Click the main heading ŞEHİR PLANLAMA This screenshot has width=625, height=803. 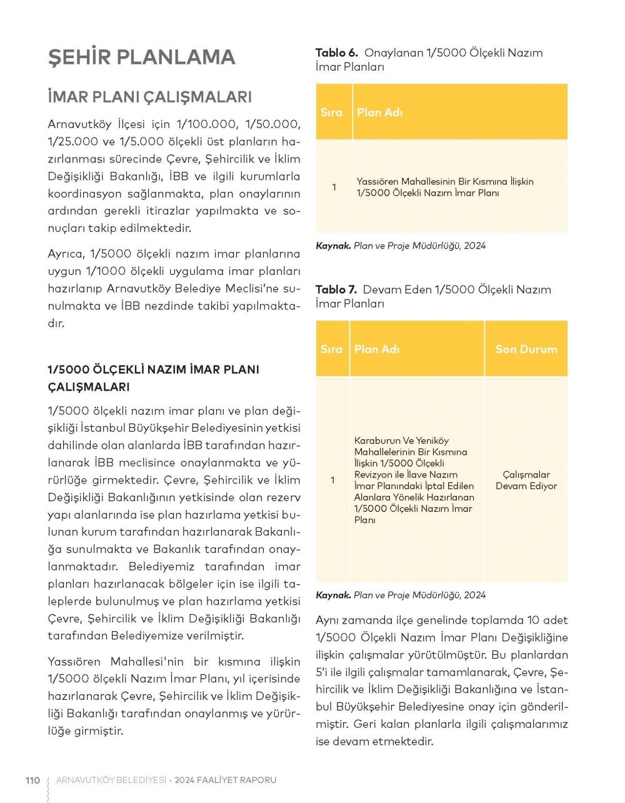coord(141,57)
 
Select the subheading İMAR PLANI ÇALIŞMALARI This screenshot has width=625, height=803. coord(149,97)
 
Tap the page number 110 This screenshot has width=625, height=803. coord(32,780)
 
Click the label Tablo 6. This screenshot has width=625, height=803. coord(336,53)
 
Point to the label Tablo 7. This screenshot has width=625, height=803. coord(336,290)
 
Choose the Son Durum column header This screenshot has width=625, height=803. coord(526,349)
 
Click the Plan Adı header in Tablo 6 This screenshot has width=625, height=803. coord(379,112)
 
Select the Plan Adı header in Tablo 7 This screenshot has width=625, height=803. coord(376,349)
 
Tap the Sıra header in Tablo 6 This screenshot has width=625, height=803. coord(331,112)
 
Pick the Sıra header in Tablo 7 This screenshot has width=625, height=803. coord(331,349)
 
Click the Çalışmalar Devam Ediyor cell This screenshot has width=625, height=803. coord(526,480)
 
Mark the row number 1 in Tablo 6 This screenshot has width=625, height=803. coord(334,187)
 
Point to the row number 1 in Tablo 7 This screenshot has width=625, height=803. coord(332,480)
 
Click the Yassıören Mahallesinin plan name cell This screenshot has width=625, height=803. coord(444,187)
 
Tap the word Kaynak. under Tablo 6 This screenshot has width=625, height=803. coord(333,246)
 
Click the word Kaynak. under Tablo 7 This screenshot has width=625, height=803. coord(333,596)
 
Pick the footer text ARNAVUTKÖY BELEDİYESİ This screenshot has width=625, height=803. coord(111,780)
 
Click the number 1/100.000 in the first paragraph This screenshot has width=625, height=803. coord(207,124)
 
